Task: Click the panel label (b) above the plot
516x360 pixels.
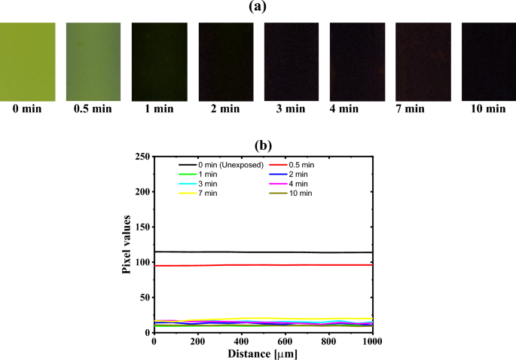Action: coord(262,145)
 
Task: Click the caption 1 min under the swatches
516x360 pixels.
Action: coord(159,109)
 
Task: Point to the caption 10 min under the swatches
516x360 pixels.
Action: coord(488,109)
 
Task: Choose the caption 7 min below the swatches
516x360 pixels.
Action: coord(423,109)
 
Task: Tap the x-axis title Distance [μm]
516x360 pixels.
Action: coord(263,352)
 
